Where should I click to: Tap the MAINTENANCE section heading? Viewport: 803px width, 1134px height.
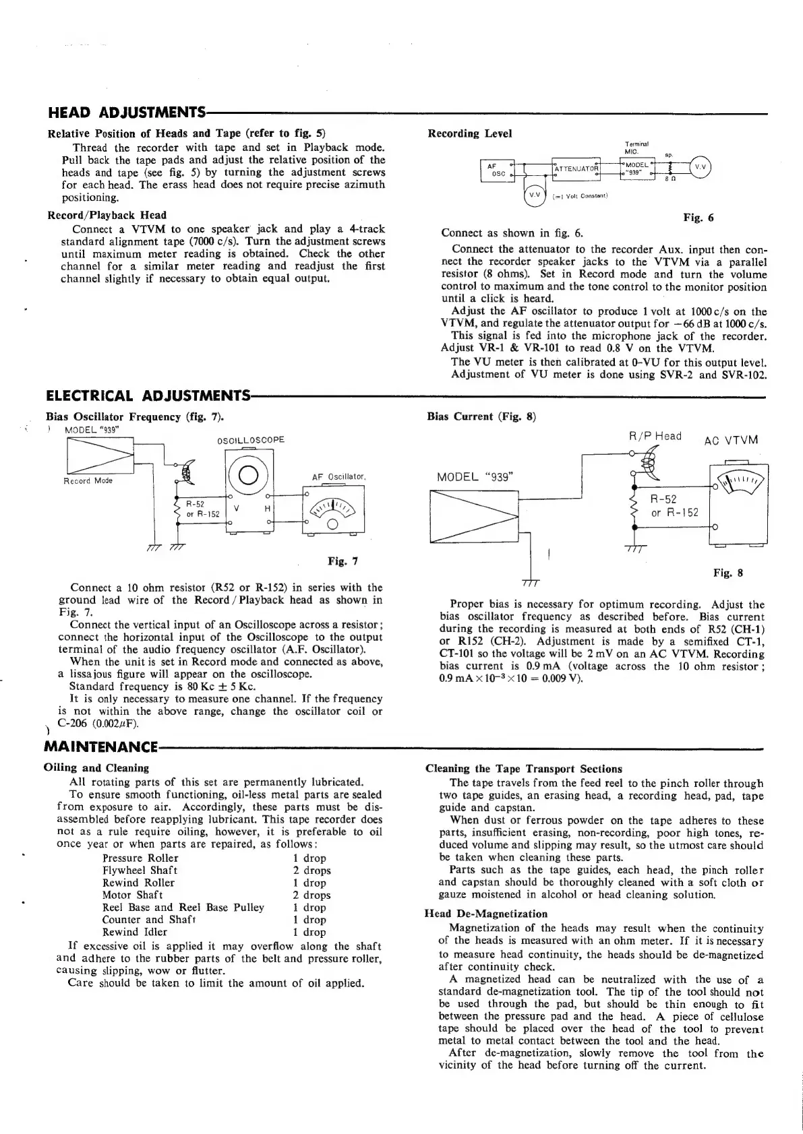pyautogui.click(x=100, y=747)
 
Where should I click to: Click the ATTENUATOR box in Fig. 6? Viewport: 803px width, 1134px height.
pyautogui.click(x=576, y=168)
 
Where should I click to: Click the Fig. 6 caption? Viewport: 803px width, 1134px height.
pyautogui.click(x=698, y=217)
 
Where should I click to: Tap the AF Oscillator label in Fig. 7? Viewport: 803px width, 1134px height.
pyautogui.click(x=338, y=477)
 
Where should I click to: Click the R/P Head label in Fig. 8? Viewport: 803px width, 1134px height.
pyautogui.click(x=655, y=436)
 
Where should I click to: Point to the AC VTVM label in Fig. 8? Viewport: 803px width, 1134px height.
pyautogui.click(x=731, y=441)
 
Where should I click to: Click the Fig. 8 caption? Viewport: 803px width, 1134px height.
pyautogui.click(x=727, y=573)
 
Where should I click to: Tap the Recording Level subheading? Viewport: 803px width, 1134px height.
pyautogui.click(x=470, y=133)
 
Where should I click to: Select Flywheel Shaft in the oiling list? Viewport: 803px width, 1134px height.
pyautogui.click(x=140, y=870)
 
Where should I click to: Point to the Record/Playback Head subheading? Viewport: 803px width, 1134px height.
pyautogui.click(x=107, y=215)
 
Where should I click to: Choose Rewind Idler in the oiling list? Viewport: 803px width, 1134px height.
pyautogui.click(x=135, y=932)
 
